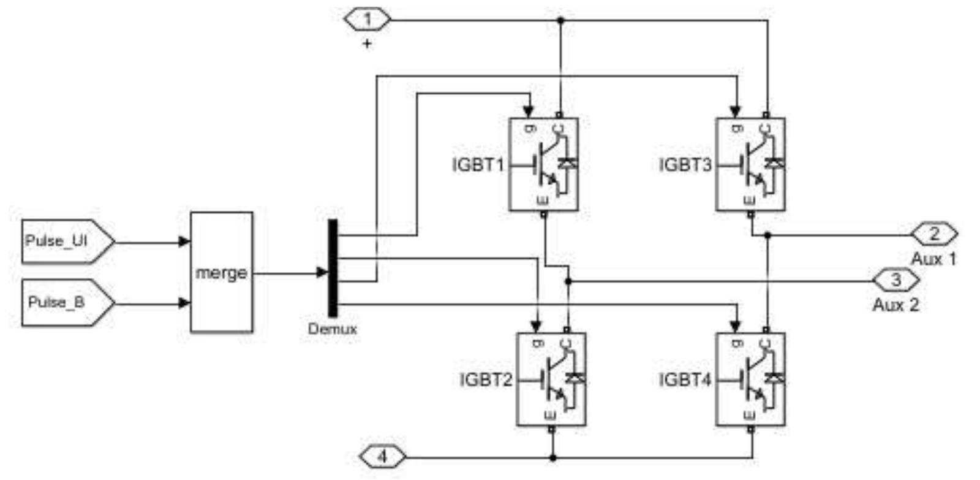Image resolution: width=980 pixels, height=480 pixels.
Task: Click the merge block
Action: tap(221, 272)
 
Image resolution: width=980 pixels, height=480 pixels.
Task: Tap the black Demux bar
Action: tap(333, 268)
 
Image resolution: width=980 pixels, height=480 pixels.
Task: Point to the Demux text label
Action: tap(332, 329)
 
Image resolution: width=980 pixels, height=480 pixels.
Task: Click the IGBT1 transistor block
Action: tap(544, 164)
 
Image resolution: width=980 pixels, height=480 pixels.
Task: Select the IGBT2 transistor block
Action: tap(551, 379)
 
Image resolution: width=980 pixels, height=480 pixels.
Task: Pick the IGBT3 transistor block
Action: tap(751, 164)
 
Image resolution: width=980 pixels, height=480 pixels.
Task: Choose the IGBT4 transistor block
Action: tap(751, 379)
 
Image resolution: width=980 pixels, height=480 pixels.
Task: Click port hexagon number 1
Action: tap(367, 20)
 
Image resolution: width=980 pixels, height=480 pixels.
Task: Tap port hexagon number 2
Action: tap(934, 234)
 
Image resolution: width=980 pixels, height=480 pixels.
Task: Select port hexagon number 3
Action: tap(895, 281)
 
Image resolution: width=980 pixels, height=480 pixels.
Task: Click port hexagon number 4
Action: tap(382, 457)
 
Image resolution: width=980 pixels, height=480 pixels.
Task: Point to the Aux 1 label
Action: tap(933, 259)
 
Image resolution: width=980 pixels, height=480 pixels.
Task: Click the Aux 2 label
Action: tap(895, 305)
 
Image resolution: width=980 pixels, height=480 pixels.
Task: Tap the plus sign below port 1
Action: tap(367, 44)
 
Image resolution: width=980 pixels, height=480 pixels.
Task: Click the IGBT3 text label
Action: tap(685, 165)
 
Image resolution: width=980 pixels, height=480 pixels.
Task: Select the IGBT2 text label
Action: tap(486, 380)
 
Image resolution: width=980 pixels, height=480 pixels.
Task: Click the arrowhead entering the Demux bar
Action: tap(322, 273)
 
